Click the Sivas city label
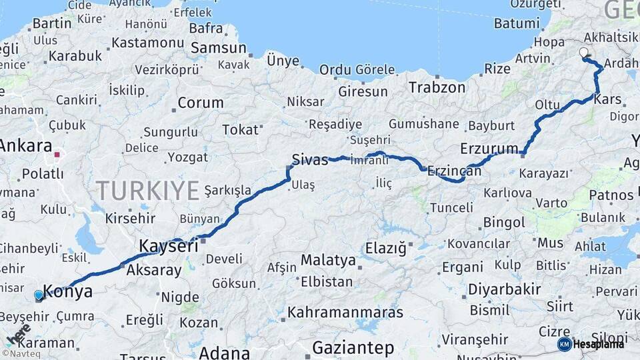click(311, 160)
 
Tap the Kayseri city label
click(169, 246)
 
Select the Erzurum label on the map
click(489, 148)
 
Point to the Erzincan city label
click(454, 171)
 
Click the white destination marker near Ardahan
click(584, 53)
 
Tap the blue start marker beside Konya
click(39, 295)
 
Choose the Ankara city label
click(26, 145)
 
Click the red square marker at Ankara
click(57, 155)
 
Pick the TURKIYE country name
click(147, 191)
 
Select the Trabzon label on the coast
click(437, 87)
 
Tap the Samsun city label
click(218, 48)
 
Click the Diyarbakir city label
click(504, 289)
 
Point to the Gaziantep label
click(353, 347)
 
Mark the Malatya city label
click(328, 259)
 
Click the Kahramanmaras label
click(345, 312)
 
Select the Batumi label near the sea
click(517, 23)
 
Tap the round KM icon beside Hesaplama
click(565, 344)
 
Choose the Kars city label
click(607, 99)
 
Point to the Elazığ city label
click(385, 249)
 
